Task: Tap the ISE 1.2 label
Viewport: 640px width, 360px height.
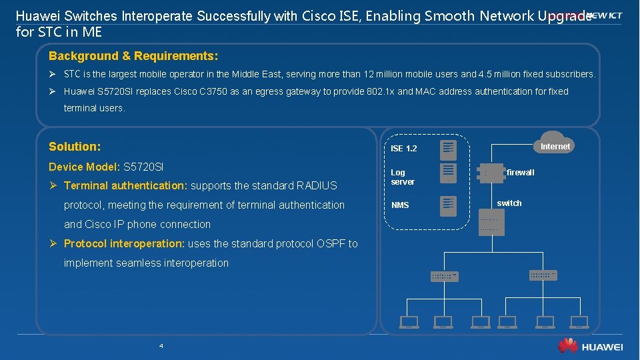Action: (403, 148)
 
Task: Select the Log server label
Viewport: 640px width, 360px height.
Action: (403, 177)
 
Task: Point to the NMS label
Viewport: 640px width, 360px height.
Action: (400, 205)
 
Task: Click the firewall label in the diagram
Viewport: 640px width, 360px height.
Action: (520, 173)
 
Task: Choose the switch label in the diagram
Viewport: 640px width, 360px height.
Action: (509, 203)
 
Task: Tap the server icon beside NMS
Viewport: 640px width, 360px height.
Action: (448, 205)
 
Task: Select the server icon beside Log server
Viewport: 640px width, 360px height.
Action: (448, 173)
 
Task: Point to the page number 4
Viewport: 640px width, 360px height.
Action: (161, 346)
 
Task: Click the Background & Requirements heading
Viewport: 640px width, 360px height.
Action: (133, 56)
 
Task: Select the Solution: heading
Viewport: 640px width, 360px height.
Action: (75, 146)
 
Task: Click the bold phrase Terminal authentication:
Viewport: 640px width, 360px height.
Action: (127, 185)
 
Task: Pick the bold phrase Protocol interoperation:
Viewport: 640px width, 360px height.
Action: (125, 243)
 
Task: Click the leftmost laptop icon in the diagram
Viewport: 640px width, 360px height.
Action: (409, 323)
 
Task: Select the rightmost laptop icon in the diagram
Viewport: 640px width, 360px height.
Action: (579, 323)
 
